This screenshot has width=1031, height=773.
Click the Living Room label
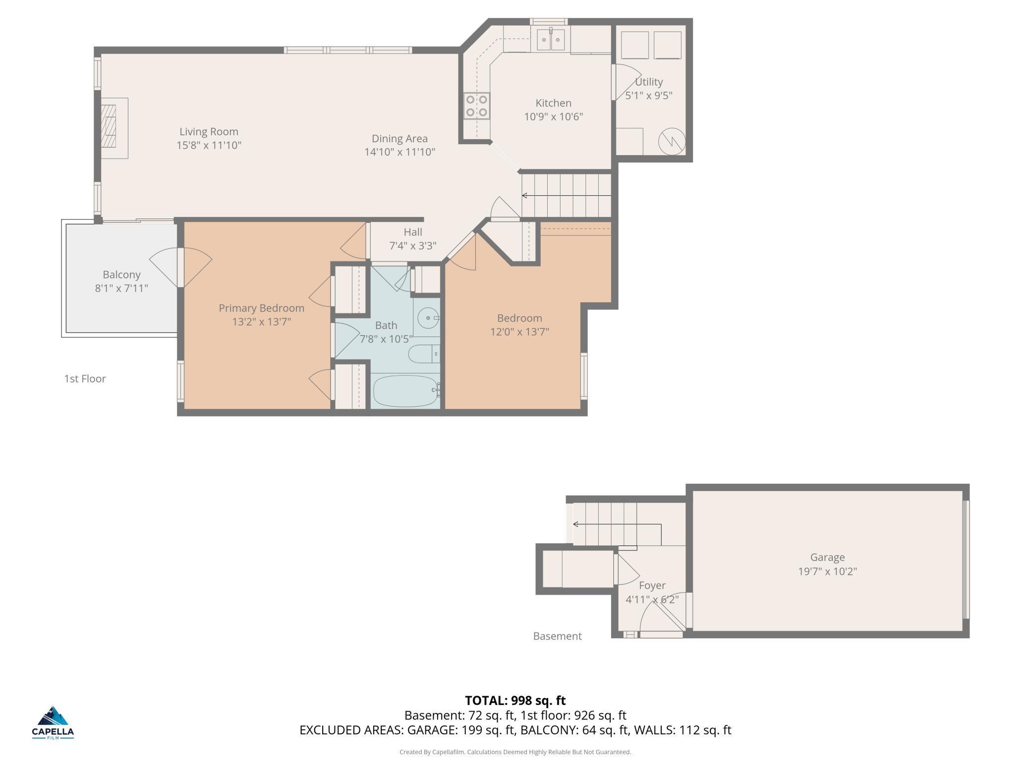coord(209,132)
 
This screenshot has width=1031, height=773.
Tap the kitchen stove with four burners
coord(477,106)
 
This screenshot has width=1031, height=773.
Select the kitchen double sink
coord(551,39)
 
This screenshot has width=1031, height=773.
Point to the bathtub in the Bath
coord(405,390)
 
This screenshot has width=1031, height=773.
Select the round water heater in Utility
coord(672,141)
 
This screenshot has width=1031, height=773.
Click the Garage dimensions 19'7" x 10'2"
coord(827,571)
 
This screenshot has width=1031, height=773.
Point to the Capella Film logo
coord(53,722)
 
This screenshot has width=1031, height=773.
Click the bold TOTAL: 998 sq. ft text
coord(515,701)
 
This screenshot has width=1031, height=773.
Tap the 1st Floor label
coord(85,379)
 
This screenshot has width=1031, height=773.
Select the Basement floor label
coord(557,636)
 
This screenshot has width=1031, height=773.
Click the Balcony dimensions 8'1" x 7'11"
coord(121,288)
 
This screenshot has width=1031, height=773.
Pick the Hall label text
coord(413,232)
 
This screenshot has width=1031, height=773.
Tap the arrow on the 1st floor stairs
coord(567,196)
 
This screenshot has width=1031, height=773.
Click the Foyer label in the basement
coord(652,586)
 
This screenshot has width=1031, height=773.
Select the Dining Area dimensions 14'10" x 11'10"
coord(400,152)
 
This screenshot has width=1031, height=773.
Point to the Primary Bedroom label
coord(262,308)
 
